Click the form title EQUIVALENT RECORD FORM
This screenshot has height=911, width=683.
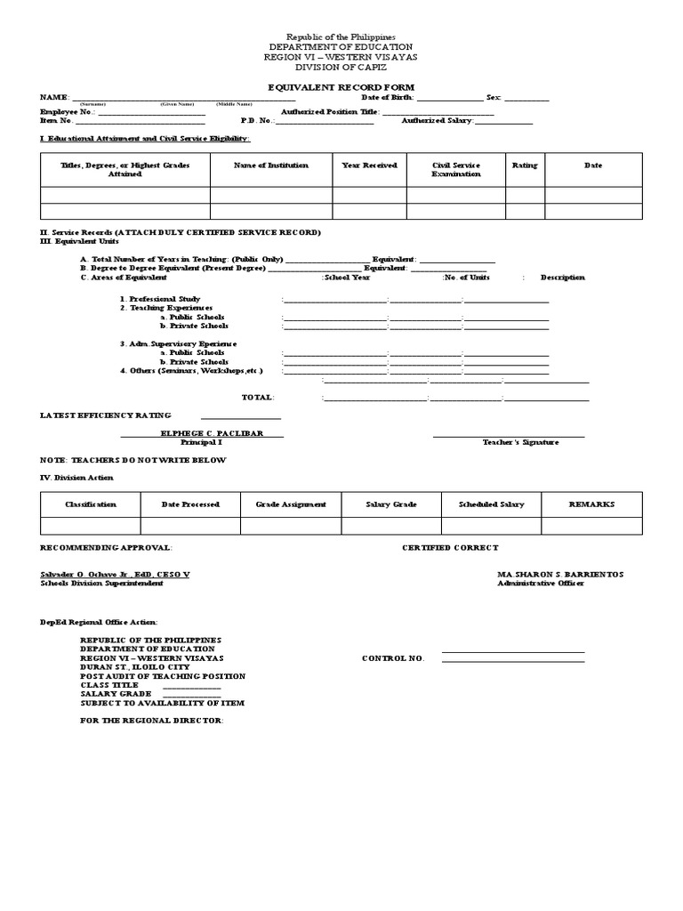click(x=341, y=87)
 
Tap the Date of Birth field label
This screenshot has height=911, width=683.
click(x=387, y=97)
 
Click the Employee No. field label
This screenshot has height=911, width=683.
click(x=67, y=112)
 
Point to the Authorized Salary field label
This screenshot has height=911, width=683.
click(x=438, y=120)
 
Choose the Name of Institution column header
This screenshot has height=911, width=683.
click(x=271, y=165)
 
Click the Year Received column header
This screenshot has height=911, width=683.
click(x=370, y=165)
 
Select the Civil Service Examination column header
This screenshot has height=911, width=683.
click(x=456, y=170)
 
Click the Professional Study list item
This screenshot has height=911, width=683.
click(x=160, y=299)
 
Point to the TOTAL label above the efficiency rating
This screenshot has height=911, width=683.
click(x=258, y=398)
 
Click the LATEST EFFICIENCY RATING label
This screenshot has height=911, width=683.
click(x=105, y=415)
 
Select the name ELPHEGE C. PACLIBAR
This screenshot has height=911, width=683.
click(x=202, y=433)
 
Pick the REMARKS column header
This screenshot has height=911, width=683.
click(x=591, y=504)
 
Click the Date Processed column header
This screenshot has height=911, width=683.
click(x=190, y=504)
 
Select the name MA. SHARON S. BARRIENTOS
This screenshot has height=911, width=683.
click(x=560, y=575)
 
